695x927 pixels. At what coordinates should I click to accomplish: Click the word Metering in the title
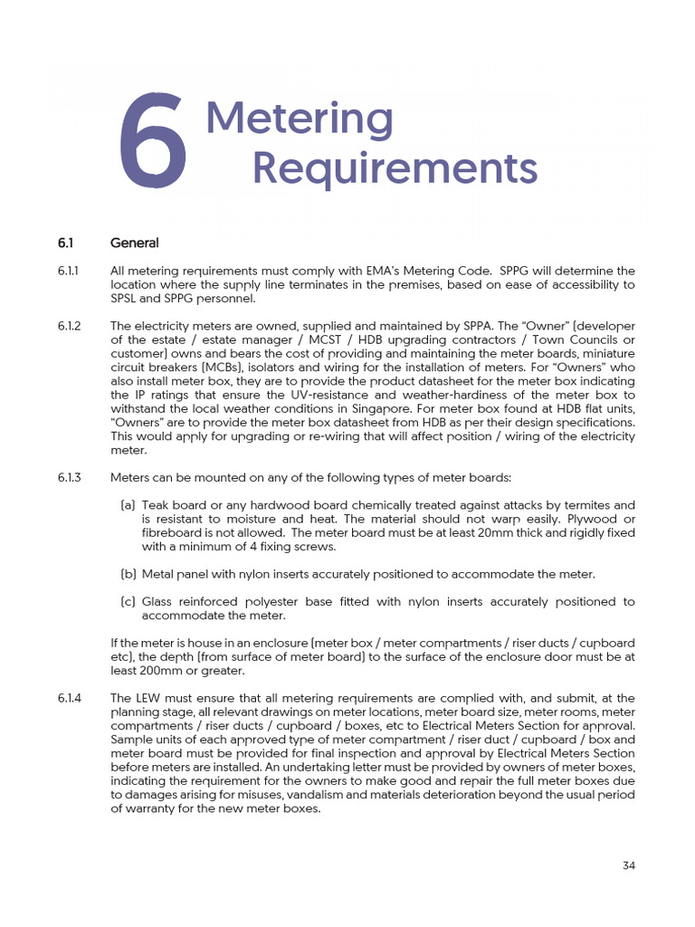(x=300, y=119)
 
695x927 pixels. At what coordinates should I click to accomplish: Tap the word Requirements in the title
(x=394, y=167)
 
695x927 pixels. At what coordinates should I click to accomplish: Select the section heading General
(x=134, y=243)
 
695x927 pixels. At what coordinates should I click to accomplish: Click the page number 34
(x=629, y=865)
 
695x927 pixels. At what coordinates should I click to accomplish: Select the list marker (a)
(x=128, y=505)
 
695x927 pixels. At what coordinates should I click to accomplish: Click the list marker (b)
(x=128, y=574)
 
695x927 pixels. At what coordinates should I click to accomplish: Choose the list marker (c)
(x=128, y=601)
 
